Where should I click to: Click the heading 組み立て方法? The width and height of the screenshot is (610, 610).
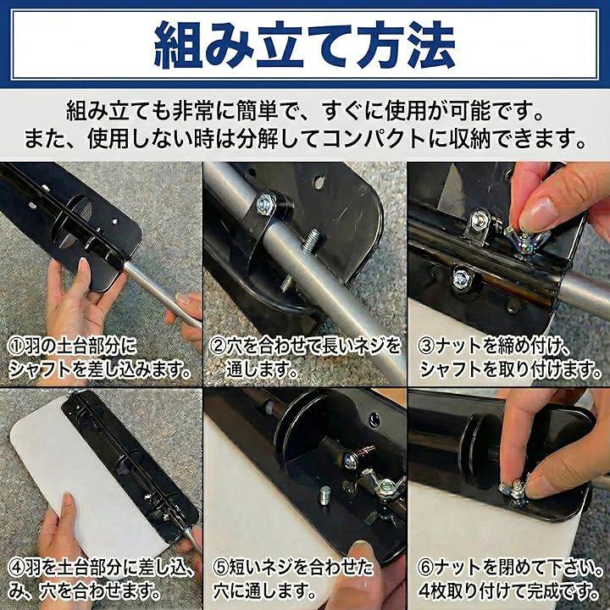tap(305, 45)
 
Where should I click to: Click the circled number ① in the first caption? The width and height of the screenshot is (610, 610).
tap(16, 346)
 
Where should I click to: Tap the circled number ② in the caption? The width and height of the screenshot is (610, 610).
tap(217, 346)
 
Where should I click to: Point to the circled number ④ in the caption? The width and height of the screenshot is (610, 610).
tap(16, 568)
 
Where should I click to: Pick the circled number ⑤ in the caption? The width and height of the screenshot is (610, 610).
tap(221, 568)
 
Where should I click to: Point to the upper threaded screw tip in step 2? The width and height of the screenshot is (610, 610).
tap(313, 238)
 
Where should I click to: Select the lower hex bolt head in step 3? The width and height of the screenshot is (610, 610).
tap(463, 277)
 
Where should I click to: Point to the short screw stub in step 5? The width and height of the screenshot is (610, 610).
tap(325, 495)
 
